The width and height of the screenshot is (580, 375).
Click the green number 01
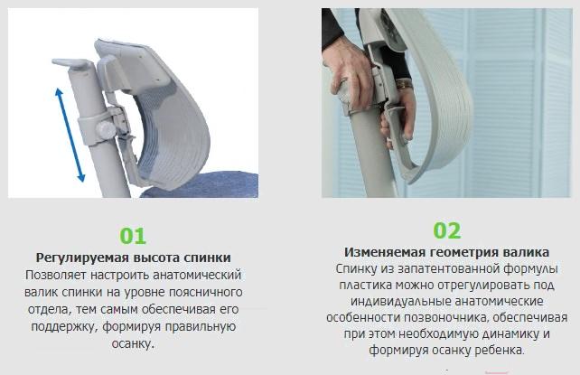click(x=133, y=236)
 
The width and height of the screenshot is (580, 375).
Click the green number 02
click(x=447, y=230)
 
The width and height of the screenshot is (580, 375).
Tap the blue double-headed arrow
click(x=70, y=135)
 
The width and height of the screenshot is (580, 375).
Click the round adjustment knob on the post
click(x=107, y=130)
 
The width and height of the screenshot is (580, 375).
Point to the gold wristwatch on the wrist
click(x=405, y=85)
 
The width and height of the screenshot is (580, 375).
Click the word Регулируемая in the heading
click(x=81, y=258)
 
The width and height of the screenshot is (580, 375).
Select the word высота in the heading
click(x=156, y=258)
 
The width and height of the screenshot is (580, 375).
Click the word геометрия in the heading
click(x=464, y=253)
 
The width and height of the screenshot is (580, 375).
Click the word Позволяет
click(x=56, y=275)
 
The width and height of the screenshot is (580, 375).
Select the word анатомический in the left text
click(x=197, y=275)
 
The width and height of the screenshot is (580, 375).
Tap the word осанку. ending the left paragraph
click(x=133, y=344)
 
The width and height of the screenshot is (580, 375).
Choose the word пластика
click(x=366, y=286)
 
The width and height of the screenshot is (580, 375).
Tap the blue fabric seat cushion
click(x=200, y=184)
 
